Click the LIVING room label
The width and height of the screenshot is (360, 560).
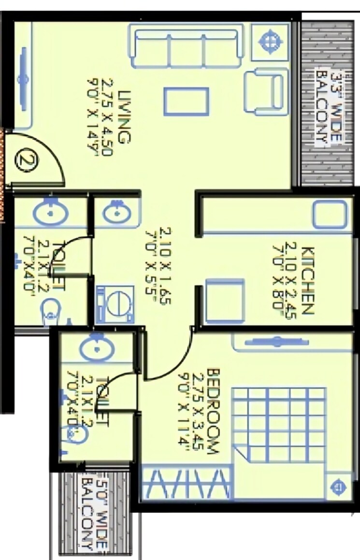(125, 116)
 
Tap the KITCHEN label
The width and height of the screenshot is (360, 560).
(308, 280)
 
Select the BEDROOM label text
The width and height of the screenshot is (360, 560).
(213, 411)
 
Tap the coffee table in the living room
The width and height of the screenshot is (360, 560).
(186, 102)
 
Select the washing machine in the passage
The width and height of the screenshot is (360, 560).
(115, 304)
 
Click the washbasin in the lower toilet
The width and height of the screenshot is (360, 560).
(95, 348)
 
